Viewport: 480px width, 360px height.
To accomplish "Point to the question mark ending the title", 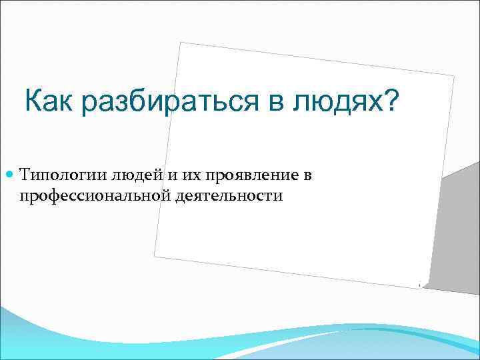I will point(391,102).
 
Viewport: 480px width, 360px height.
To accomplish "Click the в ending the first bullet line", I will point(307,176).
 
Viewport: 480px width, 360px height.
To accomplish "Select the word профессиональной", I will point(86,196).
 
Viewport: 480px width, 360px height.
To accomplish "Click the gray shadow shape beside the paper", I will point(453,227).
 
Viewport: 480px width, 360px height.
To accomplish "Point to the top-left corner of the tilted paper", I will point(181,43).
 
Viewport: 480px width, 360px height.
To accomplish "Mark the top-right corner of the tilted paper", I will point(454,77).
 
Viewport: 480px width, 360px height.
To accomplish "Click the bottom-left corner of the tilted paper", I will point(154,255).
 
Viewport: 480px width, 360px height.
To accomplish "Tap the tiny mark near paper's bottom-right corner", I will point(419,285).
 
